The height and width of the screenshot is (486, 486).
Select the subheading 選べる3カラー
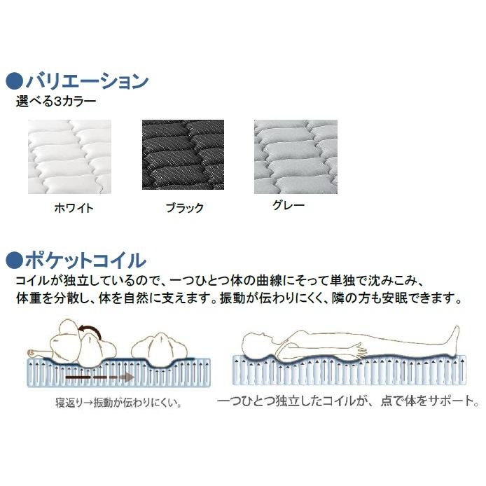(x=57, y=102)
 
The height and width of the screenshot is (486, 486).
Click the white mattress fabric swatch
(x=69, y=157)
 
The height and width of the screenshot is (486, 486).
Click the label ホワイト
(x=74, y=208)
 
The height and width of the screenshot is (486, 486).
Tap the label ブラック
(x=185, y=208)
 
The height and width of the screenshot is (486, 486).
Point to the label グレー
(x=288, y=206)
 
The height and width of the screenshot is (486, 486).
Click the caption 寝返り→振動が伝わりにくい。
(x=118, y=403)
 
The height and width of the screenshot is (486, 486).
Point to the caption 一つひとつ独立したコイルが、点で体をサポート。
(x=347, y=403)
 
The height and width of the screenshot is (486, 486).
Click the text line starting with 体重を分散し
(x=238, y=298)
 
